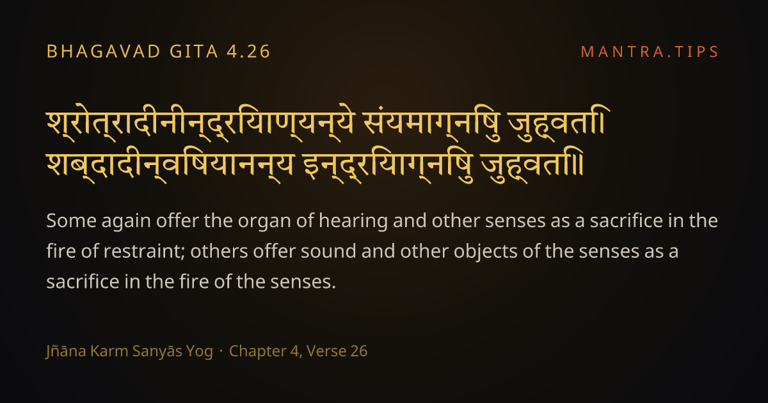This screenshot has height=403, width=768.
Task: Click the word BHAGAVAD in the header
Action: tap(104, 51)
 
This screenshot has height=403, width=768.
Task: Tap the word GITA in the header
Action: tap(194, 51)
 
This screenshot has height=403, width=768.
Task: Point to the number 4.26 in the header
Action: tap(248, 51)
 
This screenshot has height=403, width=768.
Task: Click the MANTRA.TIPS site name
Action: tap(650, 52)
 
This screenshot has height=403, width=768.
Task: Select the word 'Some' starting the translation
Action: tap(71, 221)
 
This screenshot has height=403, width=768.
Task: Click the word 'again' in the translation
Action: tap(126, 222)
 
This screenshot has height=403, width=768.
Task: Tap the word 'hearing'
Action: tap(353, 221)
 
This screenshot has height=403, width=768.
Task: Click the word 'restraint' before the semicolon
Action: tap(141, 251)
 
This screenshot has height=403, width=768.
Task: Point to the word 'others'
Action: tap(219, 251)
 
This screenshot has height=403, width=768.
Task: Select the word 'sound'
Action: tap(328, 251)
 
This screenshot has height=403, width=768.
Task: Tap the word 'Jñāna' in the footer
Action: tap(66, 351)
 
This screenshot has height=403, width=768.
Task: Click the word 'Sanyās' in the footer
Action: tap(157, 352)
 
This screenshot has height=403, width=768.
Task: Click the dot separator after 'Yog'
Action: tap(221, 352)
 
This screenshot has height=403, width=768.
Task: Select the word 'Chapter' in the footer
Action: tap(257, 352)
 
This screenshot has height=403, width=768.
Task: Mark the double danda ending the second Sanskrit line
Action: tap(579, 165)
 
